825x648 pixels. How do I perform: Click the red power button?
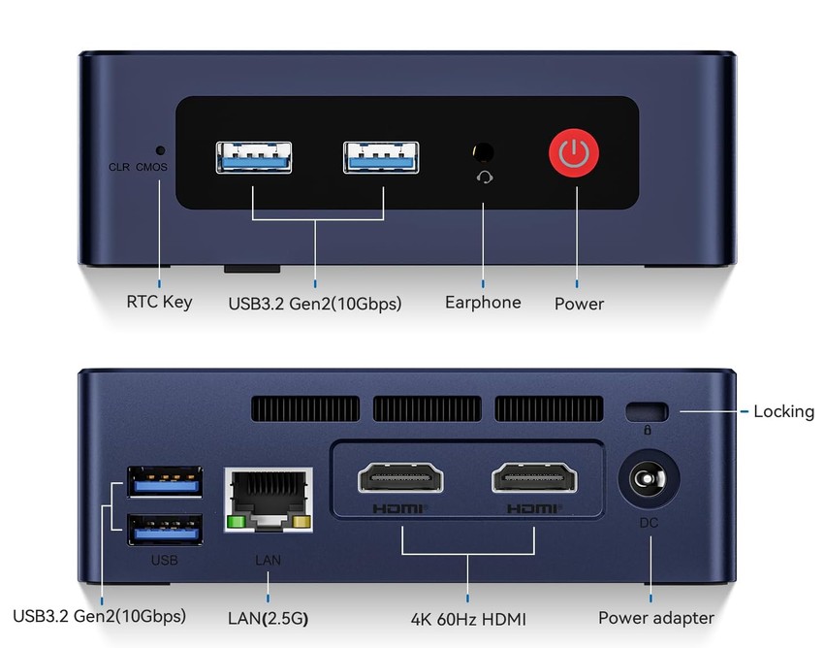pos(574,152)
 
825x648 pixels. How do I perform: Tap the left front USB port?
pos(254,157)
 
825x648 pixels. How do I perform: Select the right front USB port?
pos(381,157)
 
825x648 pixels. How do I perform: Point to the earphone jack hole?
pos(483,152)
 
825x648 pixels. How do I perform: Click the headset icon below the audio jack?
pos(485,178)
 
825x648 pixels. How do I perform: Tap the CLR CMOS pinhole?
pos(161,150)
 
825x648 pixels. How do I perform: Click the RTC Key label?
pos(159,302)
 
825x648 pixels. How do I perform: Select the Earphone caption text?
pos(483,302)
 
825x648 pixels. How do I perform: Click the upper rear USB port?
pos(165,482)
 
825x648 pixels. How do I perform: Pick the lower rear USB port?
pos(165,530)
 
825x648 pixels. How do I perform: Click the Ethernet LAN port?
pos(269,500)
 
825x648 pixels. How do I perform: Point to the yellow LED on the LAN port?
pos(301,522)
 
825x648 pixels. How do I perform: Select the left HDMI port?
pos(400,477)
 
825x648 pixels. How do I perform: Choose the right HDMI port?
pos(534,477)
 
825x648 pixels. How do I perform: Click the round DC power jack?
pos(649,479)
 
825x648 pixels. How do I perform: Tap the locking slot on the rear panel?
pos(648,411)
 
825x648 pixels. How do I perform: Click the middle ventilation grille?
pos(428,408)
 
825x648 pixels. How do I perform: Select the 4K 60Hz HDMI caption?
pos(468,619)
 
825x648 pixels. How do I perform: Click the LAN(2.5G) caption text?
pos(268,618)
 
